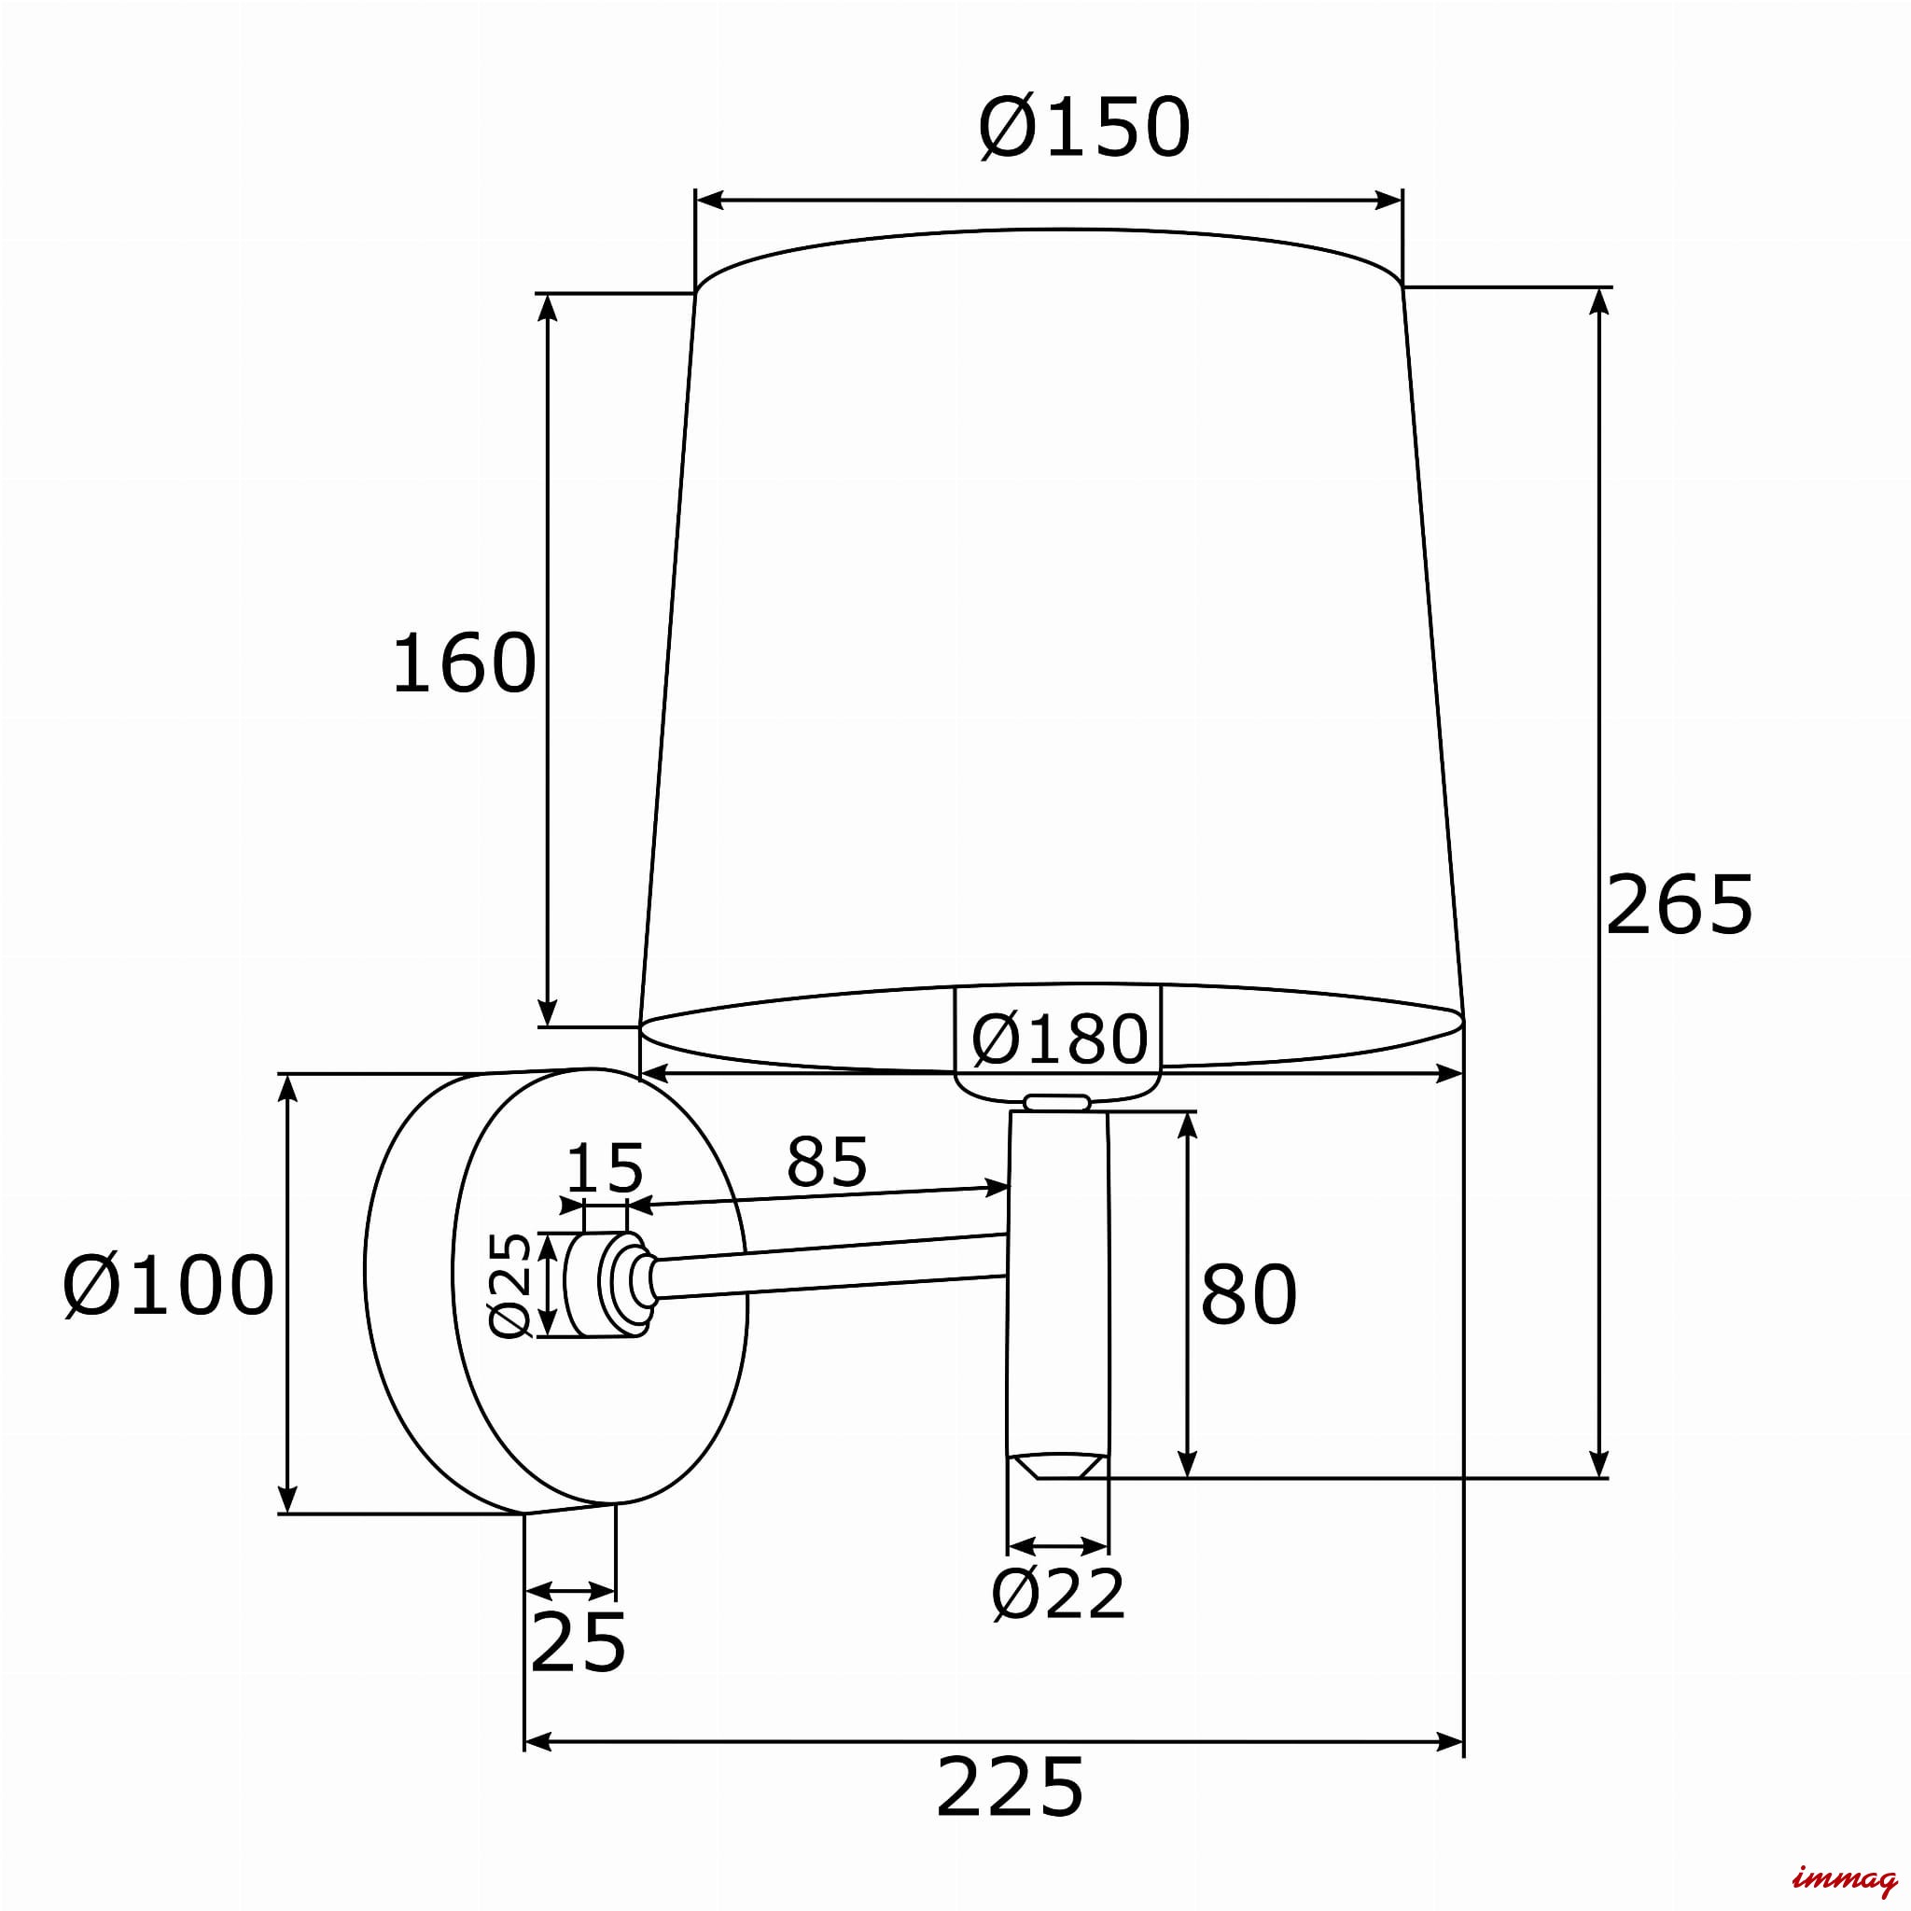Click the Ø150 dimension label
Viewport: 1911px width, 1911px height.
pyautogui.click(x=1084, y=128)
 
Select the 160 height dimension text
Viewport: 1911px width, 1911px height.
pyautogui.click(x=464, y=663)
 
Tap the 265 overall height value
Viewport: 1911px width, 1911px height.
pyautogui.click(x=1679, y=904)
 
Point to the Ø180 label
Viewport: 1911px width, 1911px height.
pyautogui.click(x=1059, y=1039)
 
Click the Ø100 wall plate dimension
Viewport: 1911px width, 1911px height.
pyautogui.click(x=169, y=1286)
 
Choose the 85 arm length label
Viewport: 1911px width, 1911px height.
pyautogui.click(x=827, y=1161)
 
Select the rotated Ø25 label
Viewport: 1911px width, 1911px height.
pyautogui.click(x=511, y=1284)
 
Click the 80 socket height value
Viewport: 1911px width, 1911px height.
pyautogui.click(x=1248, y=1294)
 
